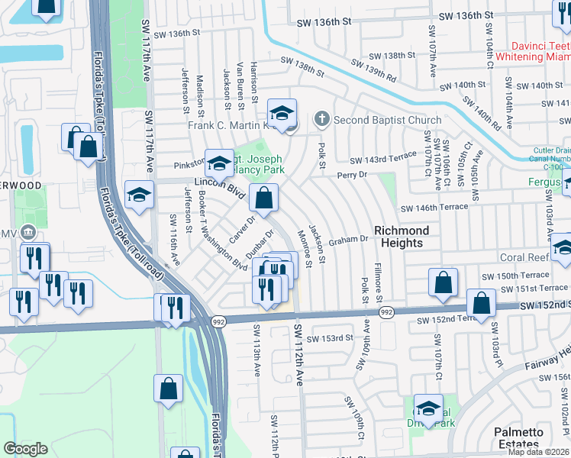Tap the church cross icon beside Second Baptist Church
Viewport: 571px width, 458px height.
pos(323,119)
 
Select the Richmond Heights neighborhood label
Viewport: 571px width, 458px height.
pos(402,237)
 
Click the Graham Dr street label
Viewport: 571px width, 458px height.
pos(349,240)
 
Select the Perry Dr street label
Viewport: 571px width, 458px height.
pos(352,175)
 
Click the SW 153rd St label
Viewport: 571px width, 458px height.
pos(330,338)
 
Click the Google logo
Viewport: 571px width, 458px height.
pos(26,448)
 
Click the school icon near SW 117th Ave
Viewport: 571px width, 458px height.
pos(139,195)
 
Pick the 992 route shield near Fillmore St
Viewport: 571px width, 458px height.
pos(386,312)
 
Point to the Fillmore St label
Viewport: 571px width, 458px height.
pos(379,283)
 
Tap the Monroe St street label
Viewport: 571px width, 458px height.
pos(305,250)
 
